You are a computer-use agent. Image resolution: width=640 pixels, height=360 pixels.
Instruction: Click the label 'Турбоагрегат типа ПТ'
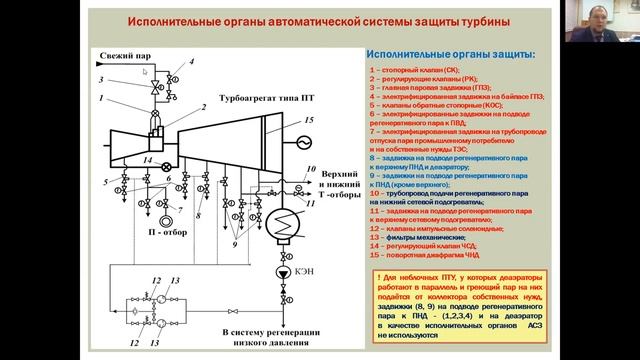(x=259, y=99)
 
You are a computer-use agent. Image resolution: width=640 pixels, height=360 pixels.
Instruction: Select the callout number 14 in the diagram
(x=148, y=160)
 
